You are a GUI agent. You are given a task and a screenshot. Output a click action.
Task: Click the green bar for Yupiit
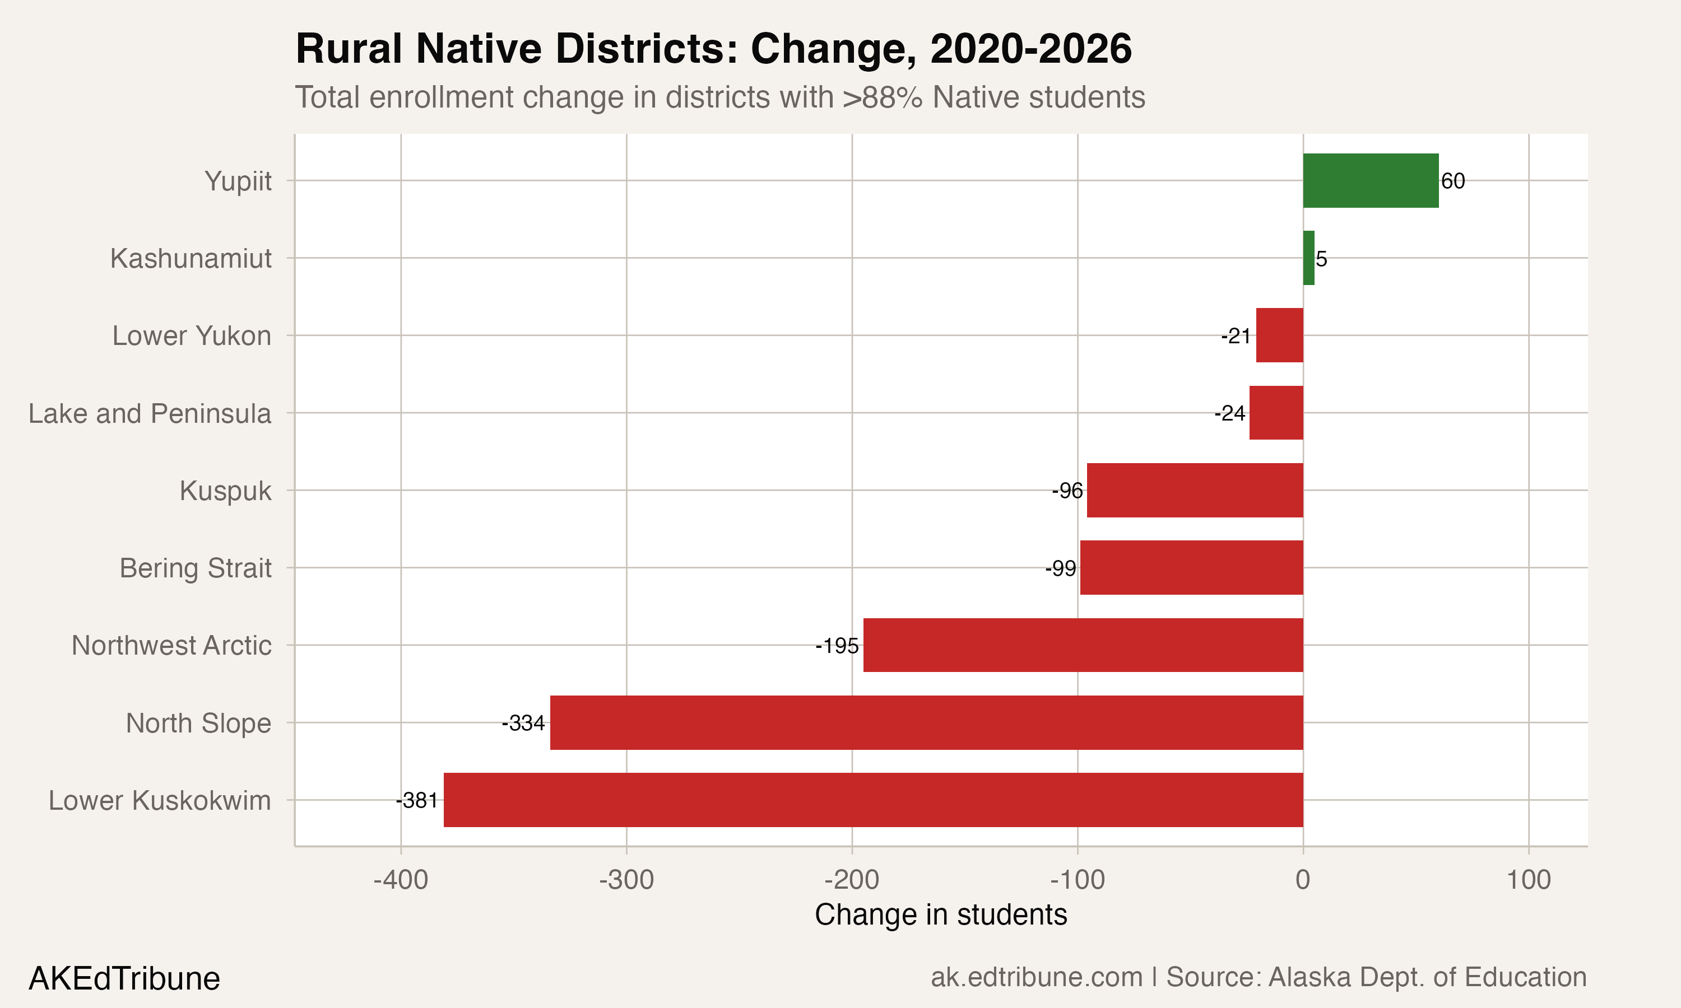click(1370, 181)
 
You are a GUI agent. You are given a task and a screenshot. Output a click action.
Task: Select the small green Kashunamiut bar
click(1308, 258)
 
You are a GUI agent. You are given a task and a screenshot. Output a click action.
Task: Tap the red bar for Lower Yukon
click(1279, 335)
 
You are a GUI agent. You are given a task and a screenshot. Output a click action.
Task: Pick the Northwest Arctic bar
click(1083, 645)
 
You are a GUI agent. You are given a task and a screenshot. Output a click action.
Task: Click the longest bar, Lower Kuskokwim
click(873, 800)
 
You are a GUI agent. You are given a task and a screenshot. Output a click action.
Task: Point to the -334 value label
click(523, 724)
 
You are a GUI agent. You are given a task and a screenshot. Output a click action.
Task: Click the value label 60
click(1453, 181)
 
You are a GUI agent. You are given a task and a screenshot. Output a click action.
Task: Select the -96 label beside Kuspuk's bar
click(1067, 491)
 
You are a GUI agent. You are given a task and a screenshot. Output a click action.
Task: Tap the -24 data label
click(1230, 413)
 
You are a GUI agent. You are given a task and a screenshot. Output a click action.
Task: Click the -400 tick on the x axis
click(401, 880)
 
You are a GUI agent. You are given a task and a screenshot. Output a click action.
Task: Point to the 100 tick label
click(1528, 880)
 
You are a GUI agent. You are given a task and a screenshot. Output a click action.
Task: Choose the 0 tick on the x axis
click(1303, 880)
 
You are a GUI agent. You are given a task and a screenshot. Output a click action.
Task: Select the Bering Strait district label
click(195, 568)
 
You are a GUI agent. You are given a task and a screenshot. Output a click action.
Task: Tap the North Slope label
click(198, 724)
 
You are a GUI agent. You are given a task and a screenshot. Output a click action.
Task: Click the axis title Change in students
click(940, 915)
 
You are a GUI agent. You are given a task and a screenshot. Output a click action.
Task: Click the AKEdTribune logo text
click(124, 979)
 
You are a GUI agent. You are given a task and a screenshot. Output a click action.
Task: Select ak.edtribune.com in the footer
click(1036, 977)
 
